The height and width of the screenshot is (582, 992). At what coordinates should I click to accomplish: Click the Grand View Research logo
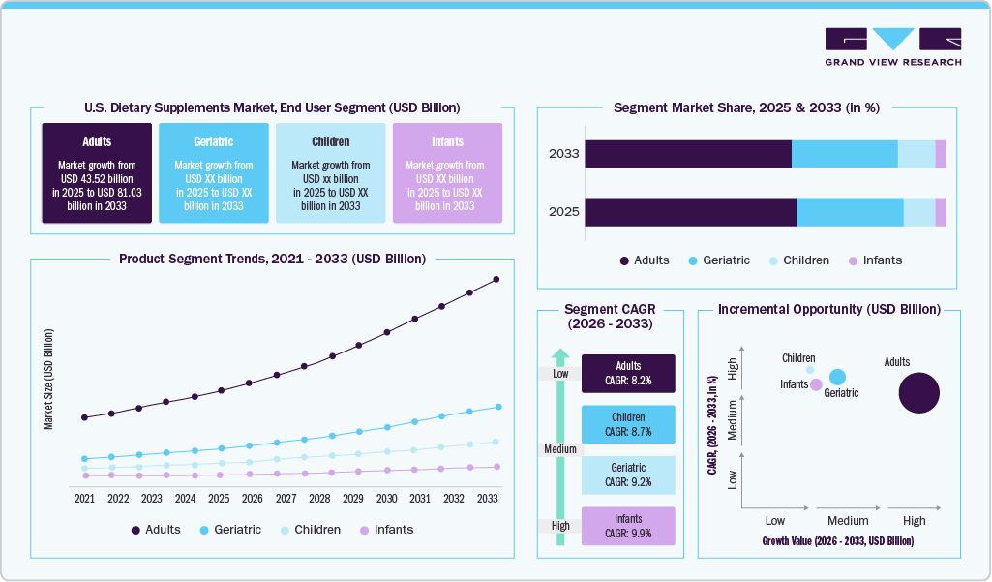click(892, 46)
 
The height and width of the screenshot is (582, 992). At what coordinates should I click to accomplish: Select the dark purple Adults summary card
click(97, 173)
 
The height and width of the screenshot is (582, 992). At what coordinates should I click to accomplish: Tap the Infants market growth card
click(446, 173)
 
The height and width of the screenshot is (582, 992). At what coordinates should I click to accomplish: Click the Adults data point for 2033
click(496, 279)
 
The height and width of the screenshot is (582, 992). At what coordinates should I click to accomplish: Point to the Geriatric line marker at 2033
click(496, 407)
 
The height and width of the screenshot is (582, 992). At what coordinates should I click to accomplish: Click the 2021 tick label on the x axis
click(85, 498)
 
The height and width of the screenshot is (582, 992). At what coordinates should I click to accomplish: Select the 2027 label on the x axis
click(286, 498)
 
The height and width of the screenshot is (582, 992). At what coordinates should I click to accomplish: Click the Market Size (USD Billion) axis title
click(48, 379)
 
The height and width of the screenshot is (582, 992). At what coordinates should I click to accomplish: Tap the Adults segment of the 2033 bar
click(688, 154)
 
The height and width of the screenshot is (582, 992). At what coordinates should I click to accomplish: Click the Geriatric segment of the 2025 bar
click(850, 212)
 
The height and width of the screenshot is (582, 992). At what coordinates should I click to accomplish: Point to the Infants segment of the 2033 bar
click(940, 154)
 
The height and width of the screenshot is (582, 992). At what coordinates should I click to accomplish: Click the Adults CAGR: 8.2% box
click(628, 373)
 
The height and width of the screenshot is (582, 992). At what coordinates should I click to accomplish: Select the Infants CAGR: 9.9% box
click(628, 526)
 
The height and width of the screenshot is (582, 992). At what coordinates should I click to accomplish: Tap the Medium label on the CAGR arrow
click(559, 449)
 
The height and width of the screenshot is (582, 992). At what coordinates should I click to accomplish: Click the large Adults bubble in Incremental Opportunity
click(919, 393)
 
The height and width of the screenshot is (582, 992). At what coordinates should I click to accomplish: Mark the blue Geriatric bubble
click(838, 377)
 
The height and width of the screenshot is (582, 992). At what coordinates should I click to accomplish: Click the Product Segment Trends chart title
click(272, 259)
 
